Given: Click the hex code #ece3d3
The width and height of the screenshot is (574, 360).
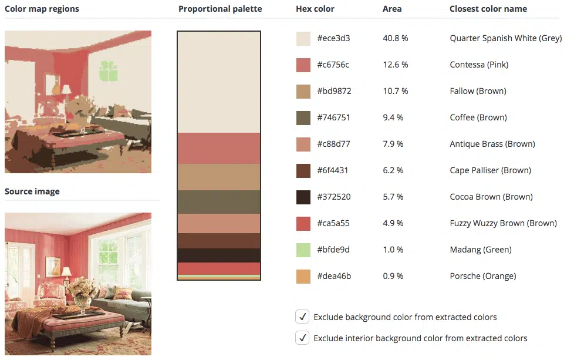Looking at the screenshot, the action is click(x=333, y=38).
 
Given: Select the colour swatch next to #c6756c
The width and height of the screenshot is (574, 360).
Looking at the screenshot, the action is click(x=303, y=65).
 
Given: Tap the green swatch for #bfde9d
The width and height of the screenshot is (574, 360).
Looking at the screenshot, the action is click(x=303, y=250).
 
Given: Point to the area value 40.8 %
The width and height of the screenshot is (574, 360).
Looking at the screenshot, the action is click(x=396, y=38).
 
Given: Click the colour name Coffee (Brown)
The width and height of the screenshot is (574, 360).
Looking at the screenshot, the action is click(x=478, y=117).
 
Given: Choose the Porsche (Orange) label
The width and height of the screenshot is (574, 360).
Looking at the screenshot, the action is click(x=483, y=276).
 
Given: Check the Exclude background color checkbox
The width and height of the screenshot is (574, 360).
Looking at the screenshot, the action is click(x=302, y=317).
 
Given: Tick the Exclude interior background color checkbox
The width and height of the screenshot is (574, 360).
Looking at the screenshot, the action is click(x=302, y=338).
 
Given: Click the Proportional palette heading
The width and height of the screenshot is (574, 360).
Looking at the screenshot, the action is click(x=220, y=9).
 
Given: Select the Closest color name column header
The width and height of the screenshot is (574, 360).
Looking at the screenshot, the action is click(x=488, y=9).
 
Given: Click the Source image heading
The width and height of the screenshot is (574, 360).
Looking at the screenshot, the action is click(x=32, y=191).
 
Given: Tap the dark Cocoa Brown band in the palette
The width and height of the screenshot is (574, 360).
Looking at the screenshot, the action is click(x=219, y=255).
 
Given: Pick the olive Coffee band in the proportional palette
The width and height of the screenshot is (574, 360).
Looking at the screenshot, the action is click(x=219, y=202).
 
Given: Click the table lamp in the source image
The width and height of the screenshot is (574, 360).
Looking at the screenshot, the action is click(x=67, y=272).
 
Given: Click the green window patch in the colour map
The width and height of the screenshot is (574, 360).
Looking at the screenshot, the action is click(x=109, y=71).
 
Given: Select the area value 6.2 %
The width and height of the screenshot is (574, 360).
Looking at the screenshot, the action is click(x=393, y=170).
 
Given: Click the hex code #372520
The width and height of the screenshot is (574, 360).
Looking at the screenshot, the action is click(x=334, y=197).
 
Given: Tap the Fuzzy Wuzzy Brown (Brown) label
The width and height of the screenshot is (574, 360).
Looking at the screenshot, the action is click(x=504, y=223).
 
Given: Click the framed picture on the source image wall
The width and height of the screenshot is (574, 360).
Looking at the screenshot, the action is click(x=53, y=266).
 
